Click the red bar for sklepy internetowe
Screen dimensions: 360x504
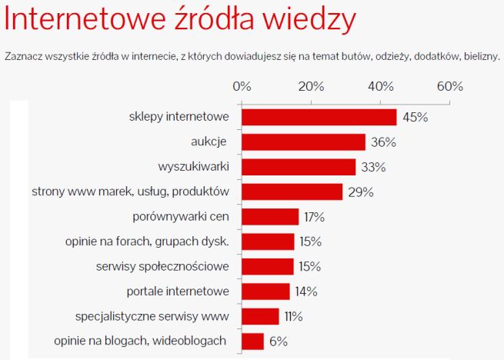(x=319, y=117)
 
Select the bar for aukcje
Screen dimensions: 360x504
(x=303, y=142)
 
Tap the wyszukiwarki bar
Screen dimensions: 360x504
(x=299, y=167)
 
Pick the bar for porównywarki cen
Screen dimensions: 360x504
(x=270, y=217)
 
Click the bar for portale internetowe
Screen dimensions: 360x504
(x=265, y=292)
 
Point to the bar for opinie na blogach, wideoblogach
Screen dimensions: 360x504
(x=252, y=341)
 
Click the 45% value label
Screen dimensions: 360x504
(x=415, y=117)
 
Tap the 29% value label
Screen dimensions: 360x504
(x=360, y=192)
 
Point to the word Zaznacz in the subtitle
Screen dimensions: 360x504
(x=22, y=56)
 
